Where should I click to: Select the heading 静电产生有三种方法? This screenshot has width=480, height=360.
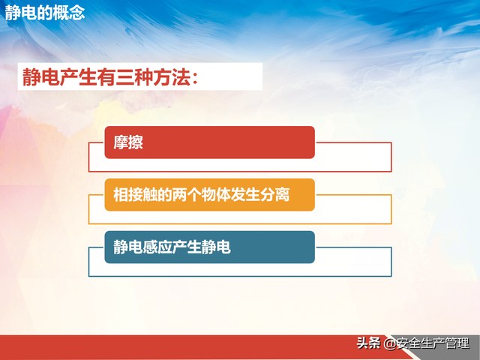coord(111,76)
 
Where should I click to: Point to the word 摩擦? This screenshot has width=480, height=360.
coord(128,142)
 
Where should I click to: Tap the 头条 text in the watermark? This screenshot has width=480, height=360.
coord(368,344)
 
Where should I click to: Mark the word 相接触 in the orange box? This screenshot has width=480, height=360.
coord(135,195)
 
